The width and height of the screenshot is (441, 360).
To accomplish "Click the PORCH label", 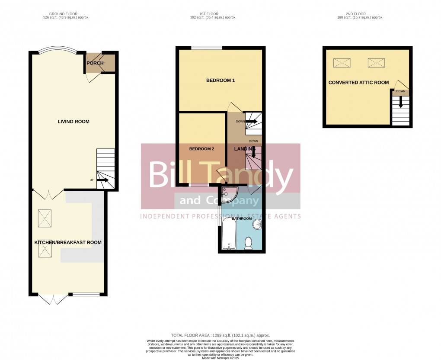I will pos(95,63).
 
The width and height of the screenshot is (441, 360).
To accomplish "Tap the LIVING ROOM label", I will pos(73,122).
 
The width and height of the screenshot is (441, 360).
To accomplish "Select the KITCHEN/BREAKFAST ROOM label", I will pos(68,242).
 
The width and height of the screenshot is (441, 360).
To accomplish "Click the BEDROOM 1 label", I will pos(220,80).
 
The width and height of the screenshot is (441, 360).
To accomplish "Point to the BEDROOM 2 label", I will pos(201,149).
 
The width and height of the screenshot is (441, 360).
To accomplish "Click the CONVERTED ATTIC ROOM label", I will pos(358,83).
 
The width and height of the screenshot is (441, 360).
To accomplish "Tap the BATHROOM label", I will pos(242,219).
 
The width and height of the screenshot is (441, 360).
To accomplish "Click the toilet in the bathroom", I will pos(248,243).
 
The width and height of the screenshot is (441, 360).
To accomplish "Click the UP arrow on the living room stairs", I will pos(102,180).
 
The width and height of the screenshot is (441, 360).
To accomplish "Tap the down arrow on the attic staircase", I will pos(401,102).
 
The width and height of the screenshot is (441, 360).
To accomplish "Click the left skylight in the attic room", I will pos(342,63).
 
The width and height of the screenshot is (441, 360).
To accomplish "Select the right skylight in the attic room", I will pos(376,63).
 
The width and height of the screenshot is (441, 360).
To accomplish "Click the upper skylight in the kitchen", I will pos(45,215).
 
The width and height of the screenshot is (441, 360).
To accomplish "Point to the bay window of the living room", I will pos(57,50).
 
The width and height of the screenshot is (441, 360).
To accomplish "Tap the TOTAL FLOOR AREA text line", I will pos(220,335).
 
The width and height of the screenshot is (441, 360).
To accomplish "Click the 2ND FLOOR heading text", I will pos(360,14).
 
